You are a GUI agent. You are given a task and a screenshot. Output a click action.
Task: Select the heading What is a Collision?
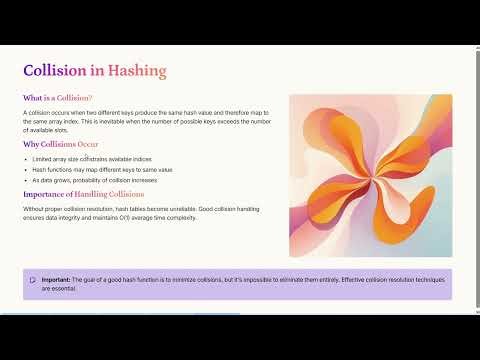[x=57, y=98]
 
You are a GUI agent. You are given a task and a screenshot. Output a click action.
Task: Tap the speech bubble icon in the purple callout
[x=33, y=280]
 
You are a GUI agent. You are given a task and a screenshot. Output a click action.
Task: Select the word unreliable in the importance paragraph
[x=179, y=207]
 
